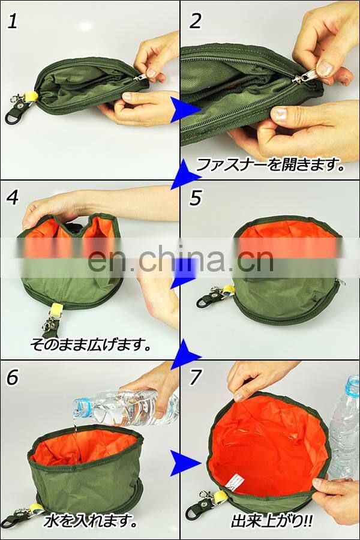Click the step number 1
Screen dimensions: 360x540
click(13, 22)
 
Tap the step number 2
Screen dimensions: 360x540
click(196, 22)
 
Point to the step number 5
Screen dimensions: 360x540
click(196, 198)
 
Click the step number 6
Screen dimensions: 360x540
click(13, 377)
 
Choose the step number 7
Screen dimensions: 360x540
click(195, 377)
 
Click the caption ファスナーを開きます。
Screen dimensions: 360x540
click(271, 165)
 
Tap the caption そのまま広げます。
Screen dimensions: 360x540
click(91, 344)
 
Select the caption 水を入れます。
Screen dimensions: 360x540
click(90, 521)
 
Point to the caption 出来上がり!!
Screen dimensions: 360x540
click(272, 521)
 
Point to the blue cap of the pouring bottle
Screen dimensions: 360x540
click(82, 406)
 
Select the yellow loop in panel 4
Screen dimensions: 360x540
click(55, 311)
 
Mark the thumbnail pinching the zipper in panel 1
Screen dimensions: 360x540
click(151, 73)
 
